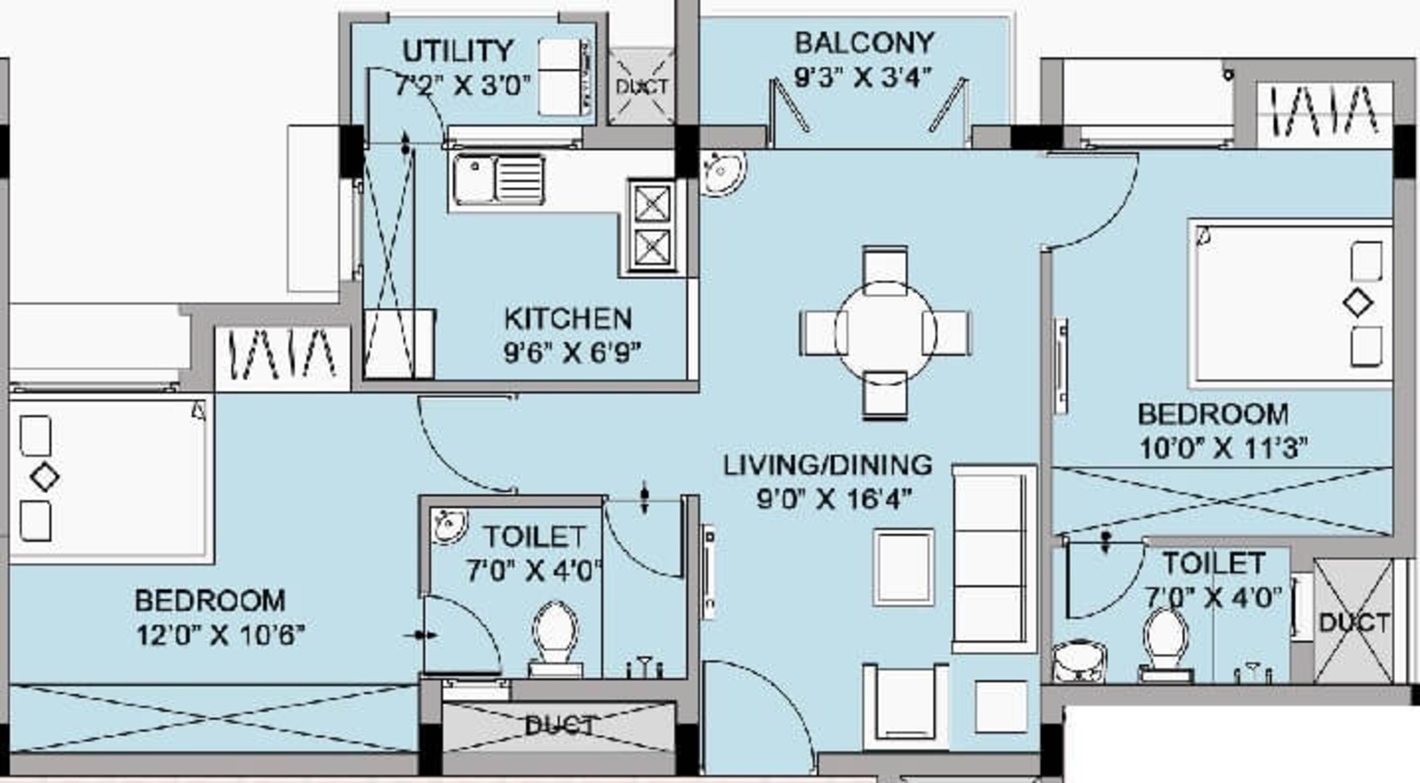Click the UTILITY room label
point(458,51)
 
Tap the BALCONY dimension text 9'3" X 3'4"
point(863,78)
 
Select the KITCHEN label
point(568,318)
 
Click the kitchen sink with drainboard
point(498,180)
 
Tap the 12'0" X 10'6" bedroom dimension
point(220,635)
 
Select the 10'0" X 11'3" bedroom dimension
point(1223,449)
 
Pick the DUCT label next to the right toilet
point(1354,623)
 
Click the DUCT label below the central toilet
point(559,726)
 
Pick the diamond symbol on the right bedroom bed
point(1358,304)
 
